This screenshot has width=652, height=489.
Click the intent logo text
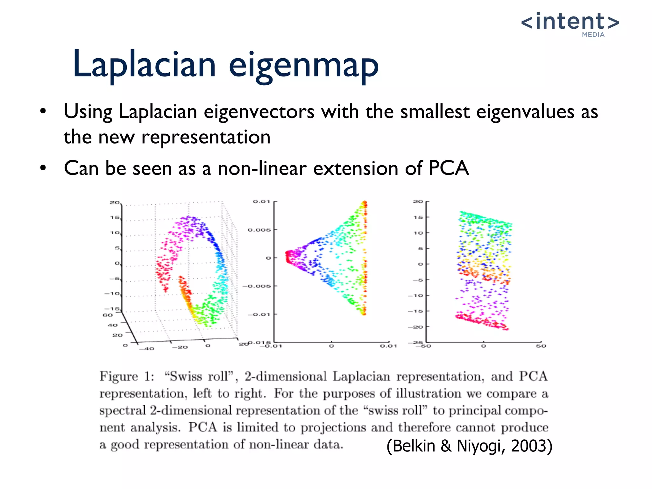click(570, 21)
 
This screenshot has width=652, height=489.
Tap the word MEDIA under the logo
click(593, 35)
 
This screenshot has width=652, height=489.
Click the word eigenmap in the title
click(304, 65)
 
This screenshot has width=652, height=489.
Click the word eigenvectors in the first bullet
click(259, 112)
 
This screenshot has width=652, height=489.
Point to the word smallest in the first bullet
click(435, 112)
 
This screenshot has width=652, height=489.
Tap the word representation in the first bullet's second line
click(206, 137)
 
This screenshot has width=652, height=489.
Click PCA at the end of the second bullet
click(448, 168)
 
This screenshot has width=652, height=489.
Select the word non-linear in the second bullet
click(262, 168)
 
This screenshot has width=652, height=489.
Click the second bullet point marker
click(43, 168)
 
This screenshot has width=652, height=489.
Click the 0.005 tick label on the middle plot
click(259, 230)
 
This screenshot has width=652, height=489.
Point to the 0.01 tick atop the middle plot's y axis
click(261, 202)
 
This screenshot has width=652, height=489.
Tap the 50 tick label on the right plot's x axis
click(541, 346)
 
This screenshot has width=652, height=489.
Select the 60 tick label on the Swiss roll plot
click(107, 315)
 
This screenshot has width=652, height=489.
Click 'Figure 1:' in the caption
click(127, 376)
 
